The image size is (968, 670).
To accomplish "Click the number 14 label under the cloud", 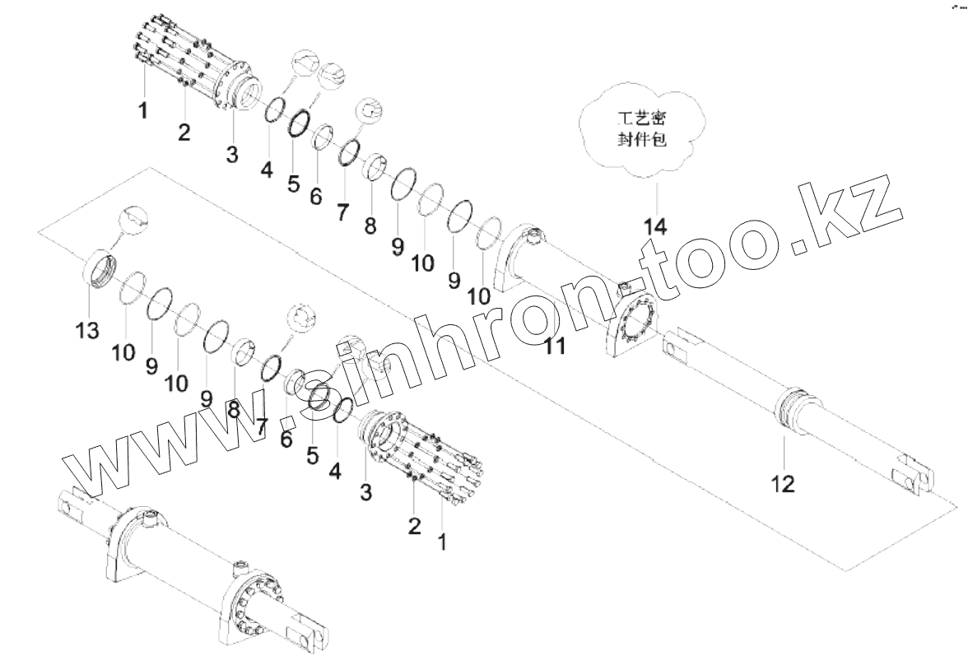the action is [656, 225].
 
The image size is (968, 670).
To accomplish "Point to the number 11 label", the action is [555, 347].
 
